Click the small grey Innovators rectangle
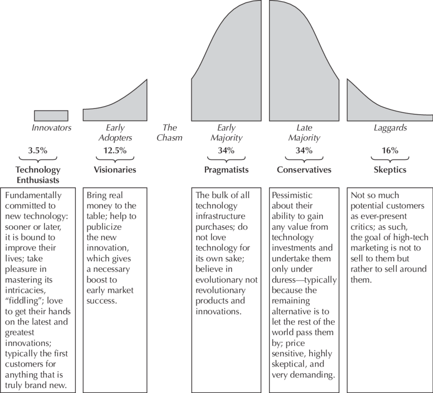point(51,115)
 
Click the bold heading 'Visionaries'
point(115,170)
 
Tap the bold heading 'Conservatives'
point(304,170)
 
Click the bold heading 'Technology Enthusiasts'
point(38,174)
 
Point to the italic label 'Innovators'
point(51,128)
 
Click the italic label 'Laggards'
point(390,128)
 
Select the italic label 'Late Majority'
point(304,133)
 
